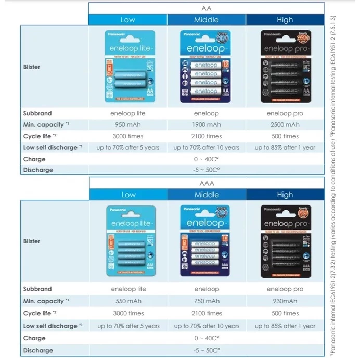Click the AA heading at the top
(x=207, y=8)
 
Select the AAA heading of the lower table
(x=207, y=183)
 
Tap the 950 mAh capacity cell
(x=128, y=125)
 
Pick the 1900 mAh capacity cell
(x=207, y=125)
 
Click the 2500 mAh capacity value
(x=285, y=125)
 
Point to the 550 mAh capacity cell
(x=128, y=301)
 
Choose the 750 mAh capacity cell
(x=207, y=301)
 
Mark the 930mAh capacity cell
(x=285, y=301)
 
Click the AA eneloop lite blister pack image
(x=128, y=66)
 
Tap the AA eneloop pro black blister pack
(x=285, y=66)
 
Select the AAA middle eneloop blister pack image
(x=207, y=241)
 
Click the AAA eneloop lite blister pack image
(x=128, y=241)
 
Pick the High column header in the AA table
(x=285, y=20)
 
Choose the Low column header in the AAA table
(x=128, y=195)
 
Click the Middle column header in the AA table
(x=207, y=20)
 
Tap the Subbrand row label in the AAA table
(x=37, y=289)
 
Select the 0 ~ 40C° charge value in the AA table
(x=207, y=159)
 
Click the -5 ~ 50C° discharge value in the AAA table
(x=207, y=350)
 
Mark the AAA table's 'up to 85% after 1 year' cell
(x=285, y=326)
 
